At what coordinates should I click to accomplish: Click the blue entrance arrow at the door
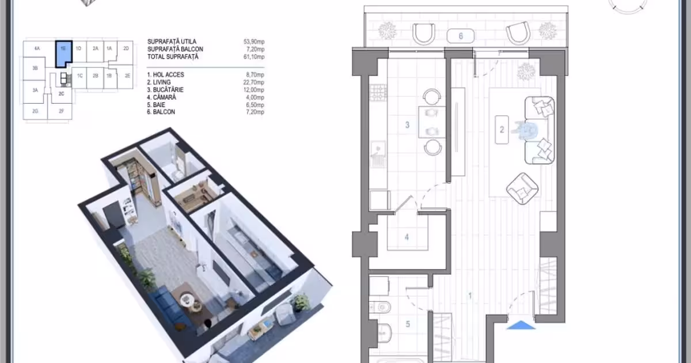[x=521, y=325]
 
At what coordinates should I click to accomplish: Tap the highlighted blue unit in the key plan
[x=64, y=53]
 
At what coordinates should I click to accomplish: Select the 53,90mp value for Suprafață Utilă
[x=254, y=41]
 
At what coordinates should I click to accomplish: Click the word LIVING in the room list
[x=162, y=82]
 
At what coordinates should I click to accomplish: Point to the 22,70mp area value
[x=253, y=82]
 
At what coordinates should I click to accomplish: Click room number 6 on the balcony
[x=461, y=36]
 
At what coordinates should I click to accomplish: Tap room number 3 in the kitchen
[x=407, y=125]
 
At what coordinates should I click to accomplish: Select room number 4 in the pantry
[x=407, y=237]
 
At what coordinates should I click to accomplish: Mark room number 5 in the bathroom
[x=408, y=324]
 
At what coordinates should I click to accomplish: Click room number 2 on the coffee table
[x=502, y=130]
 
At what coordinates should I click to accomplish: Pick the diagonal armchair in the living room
[x=522, y=188]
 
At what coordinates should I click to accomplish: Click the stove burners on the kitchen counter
[x=378, y=93]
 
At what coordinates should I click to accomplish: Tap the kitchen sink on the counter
[x=378, y=154]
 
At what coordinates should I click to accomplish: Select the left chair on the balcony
[x=424, y=34]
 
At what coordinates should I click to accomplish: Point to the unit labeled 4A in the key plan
[x=37, y=48]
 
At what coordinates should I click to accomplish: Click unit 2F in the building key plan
[x=62, y=111]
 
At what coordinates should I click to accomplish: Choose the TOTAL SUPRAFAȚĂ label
[x=173, y=57]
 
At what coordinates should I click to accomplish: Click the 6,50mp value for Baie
[x=255, y=105]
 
